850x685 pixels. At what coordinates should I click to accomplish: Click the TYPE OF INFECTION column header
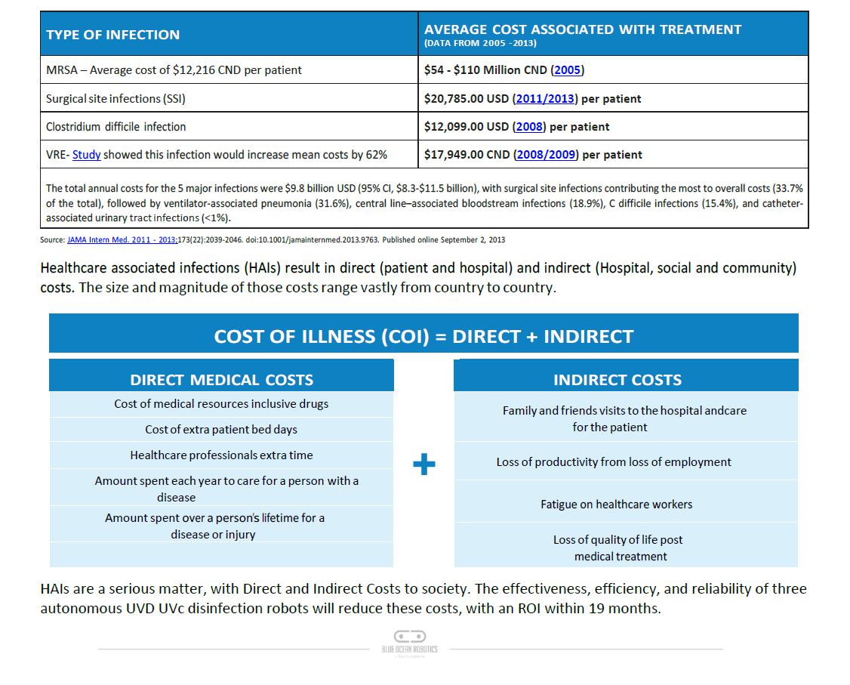[113, 35]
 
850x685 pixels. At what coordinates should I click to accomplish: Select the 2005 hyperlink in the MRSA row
[568, 70]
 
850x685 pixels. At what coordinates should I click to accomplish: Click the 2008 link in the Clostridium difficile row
[529, 127]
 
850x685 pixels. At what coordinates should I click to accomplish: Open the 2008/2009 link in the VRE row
[547, 155]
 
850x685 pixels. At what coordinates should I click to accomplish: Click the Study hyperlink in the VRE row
[87, 155]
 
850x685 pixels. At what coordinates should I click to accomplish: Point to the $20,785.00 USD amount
[467, 99]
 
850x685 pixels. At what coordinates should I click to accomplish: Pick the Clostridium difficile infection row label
[115, 127]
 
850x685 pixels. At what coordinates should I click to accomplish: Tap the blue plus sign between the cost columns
[424, 464]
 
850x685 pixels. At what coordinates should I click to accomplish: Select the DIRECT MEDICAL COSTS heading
[221, 380]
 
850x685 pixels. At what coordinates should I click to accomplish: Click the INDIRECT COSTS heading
[617, 380]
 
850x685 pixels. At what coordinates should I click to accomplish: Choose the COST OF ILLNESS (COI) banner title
[423, 337]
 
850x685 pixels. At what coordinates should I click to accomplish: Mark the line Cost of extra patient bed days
[221, 430]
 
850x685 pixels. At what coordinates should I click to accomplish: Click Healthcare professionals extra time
[221, 455]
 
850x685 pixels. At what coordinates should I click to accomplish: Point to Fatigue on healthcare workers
[616, 504]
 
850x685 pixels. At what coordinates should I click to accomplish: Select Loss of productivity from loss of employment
[614, 462]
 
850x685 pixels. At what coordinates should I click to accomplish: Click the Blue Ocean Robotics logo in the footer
[410, 642]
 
